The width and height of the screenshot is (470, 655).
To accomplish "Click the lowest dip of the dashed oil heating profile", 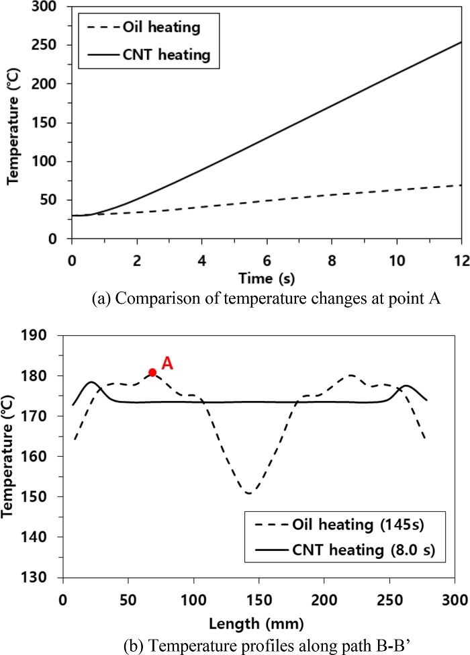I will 250,493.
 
